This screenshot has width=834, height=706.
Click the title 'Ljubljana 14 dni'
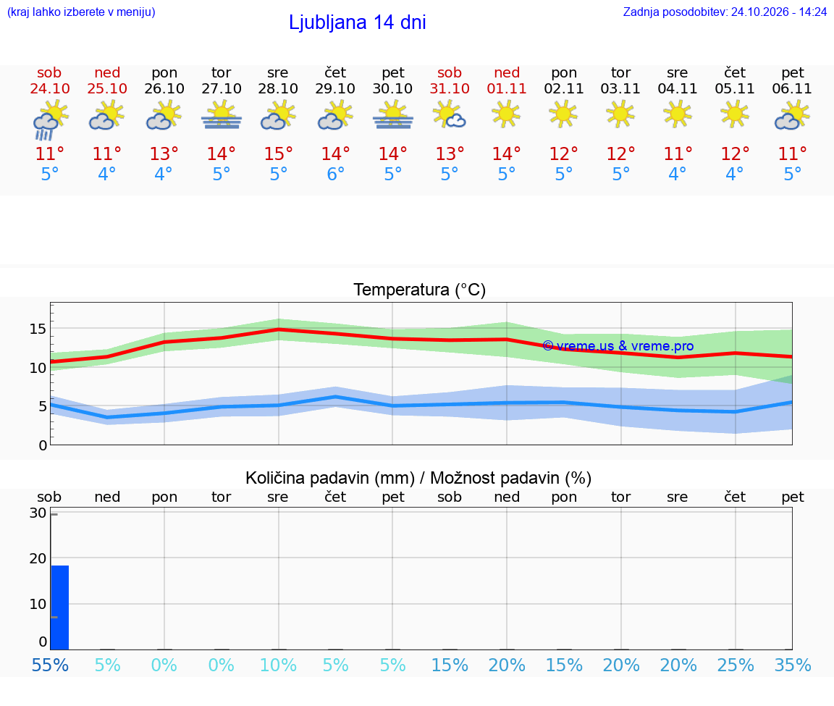pyautogui.click(x=358, y=22)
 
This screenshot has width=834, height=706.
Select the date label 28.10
pyautogui.click(x=278, y=88)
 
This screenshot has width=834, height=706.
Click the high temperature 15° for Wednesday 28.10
pyautogui.click(x=278, y=154)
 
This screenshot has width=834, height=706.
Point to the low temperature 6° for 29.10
pyautogui.click(x=336, y=174)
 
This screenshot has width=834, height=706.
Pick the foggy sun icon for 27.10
pyautogui.click(x=222, y=117)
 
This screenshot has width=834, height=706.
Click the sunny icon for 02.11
pyautogui.click(x=563, y=115)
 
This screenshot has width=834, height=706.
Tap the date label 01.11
pyautogui.click(x=506, y=88)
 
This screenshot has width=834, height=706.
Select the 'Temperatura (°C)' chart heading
pyautogui.click(x=420, y=290)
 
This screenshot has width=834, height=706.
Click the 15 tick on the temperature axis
pyautogui.click(x=38, y=329)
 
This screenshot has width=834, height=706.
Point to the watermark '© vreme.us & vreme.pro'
pyautogui.click(x=618, y=346)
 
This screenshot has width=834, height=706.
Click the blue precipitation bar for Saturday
pyautogui.click(x=60, y=608)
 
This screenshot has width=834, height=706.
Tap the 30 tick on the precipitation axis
pyautogui.click(x=38, y=513)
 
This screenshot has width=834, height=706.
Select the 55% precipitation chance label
pyautogui.click(x=50, y=665)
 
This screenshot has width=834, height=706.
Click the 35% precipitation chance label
pyautogui.click(x=793, y=665)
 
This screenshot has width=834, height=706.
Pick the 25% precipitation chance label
pyautogui.click(x=736, y=665)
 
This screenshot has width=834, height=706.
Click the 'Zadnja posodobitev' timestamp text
pyautogui.click(x=725, y=12)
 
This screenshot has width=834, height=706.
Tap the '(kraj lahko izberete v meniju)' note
pyautogui.click(x=81, y=12)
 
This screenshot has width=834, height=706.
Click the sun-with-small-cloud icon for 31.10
pyautogui.click(x=450, y=116)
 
